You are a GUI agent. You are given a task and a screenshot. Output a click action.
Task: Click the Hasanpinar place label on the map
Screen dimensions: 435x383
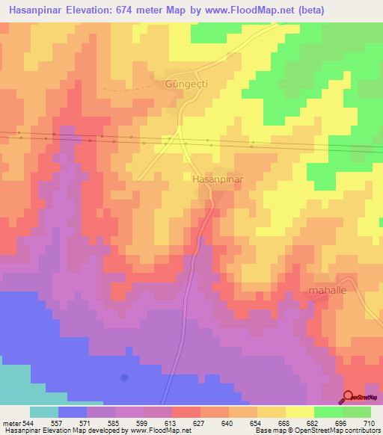[x=213, y=180]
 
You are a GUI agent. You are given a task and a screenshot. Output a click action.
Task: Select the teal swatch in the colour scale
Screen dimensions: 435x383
[x=44, y=412]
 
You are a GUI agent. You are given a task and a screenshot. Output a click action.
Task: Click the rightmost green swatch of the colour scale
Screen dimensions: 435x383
[x=357, y=412]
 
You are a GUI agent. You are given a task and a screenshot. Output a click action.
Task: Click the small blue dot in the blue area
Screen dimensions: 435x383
[x=124, y=377]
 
